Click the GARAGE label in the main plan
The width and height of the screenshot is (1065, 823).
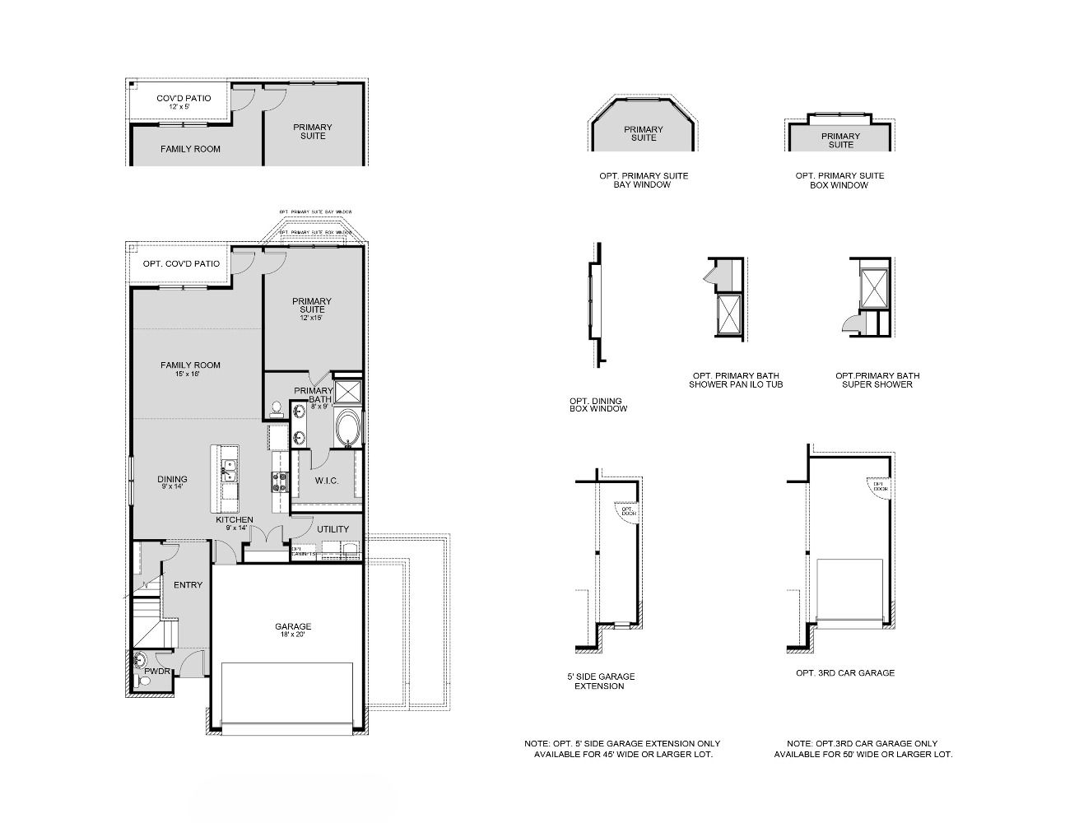click(x=293, y=626)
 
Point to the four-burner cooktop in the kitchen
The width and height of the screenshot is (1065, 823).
click(x=279, y=481)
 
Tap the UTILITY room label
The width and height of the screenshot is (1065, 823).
click(x=333, y=529)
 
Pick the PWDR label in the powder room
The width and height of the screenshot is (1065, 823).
click(x=156, y=672)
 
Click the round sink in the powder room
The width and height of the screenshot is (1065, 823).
click(x=140, y=658)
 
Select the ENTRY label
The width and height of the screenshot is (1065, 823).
click(x=188, y=585)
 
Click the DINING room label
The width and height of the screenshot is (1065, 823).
click(x=172, y=479)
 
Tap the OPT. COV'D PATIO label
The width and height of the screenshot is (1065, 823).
click(x=181, y=264)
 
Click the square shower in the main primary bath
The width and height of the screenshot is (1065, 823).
click(x=349, y=389)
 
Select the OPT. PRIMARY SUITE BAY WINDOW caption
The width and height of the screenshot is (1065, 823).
click(x=644, y=180)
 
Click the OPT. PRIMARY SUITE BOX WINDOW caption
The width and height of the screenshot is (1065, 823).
click(x=839, y=180)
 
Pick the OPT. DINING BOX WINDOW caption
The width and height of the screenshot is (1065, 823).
click(x=598, y=405)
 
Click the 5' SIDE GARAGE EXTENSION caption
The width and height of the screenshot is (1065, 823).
click(x=601, y=681)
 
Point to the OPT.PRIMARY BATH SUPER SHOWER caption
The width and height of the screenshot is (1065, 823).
click(x=877, y=379)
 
